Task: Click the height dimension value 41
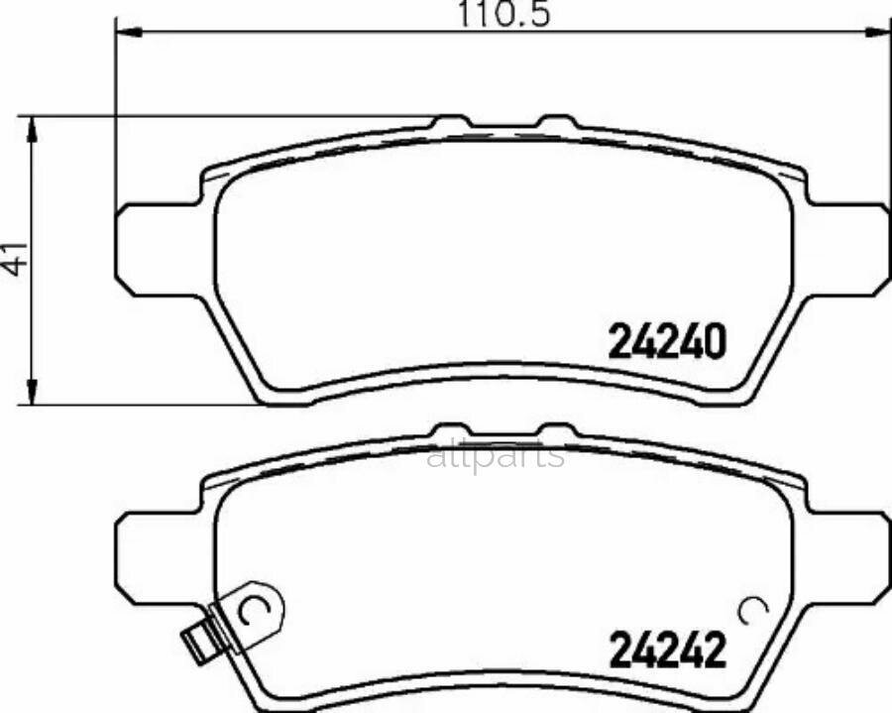15,261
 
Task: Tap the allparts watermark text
496,456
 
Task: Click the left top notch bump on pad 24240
451,122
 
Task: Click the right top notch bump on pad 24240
556,122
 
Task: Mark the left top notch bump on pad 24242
451,432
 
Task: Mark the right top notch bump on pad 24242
556,432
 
